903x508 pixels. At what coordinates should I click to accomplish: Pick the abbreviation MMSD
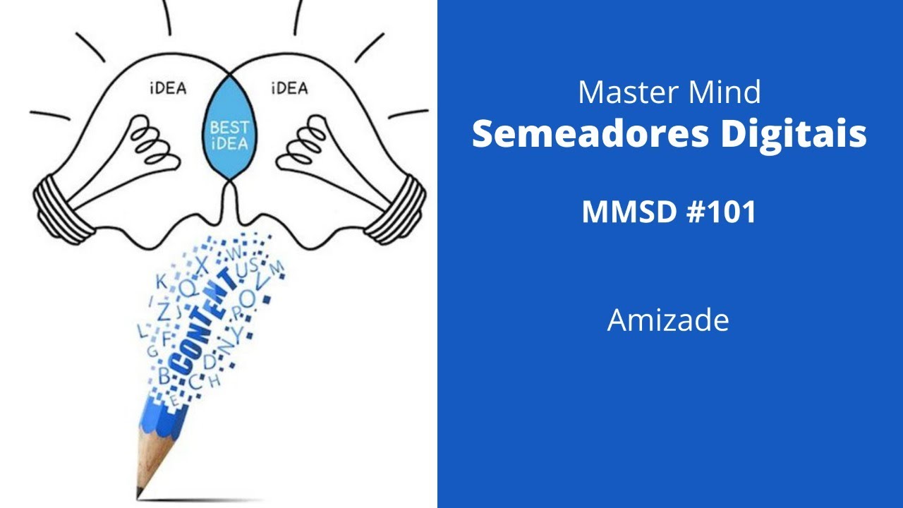point(624,212)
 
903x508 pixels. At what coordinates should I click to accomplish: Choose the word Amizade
point(668,320)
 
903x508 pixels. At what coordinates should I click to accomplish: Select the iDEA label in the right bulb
point(289,89)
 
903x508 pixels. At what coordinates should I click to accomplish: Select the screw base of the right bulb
point(395,205)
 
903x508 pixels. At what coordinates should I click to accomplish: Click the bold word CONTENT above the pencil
point(205,321)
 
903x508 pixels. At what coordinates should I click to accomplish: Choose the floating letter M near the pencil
point(277,267)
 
